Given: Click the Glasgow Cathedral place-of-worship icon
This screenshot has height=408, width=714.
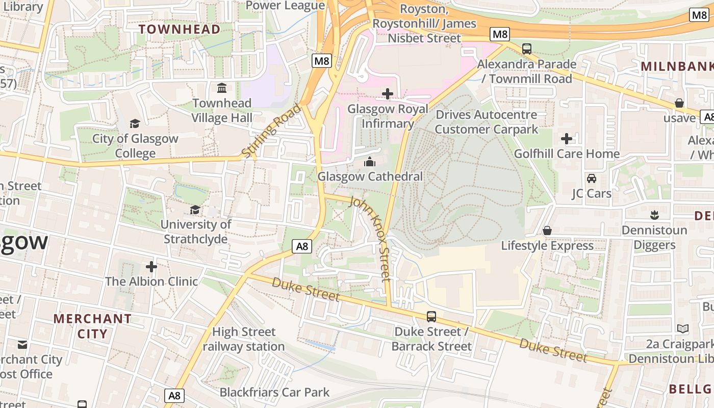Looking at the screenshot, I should (x=370, y=162).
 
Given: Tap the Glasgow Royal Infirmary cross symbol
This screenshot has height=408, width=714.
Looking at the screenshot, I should (x=388, y=94).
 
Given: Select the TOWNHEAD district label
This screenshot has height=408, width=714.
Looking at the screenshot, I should (x=180, y=29).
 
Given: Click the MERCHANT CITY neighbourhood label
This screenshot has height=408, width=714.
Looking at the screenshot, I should (x=92, y=326).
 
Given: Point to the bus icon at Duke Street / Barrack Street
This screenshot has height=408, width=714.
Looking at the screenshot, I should (x=431, y=317).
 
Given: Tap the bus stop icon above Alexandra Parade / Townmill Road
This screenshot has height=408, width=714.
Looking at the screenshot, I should (x=527, y=49).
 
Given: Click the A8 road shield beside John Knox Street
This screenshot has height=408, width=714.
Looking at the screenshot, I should (x=302, y=247).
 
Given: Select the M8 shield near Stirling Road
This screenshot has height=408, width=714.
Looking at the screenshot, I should (x=322, y=61).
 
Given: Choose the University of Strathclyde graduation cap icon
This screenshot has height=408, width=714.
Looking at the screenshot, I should (x=195, y=210).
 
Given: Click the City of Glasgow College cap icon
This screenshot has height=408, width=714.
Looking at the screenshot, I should (x=135, y=123).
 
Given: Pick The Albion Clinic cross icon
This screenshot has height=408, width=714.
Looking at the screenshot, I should (x=151, y=266).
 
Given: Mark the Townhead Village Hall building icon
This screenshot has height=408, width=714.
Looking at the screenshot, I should (x=222, y=88).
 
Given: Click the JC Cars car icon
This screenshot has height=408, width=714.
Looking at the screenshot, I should (x=592, y=178).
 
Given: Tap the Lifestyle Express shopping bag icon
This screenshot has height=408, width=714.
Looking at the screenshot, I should (x=547, y=231).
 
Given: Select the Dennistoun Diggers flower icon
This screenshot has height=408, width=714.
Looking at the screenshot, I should (x=654, y=215).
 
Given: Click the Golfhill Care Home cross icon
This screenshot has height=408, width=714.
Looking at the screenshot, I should (x=567, y=139).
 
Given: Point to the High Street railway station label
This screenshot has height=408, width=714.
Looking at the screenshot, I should (x=244, y=339).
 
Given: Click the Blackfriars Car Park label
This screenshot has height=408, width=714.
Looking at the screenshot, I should (x=274, y=392).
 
